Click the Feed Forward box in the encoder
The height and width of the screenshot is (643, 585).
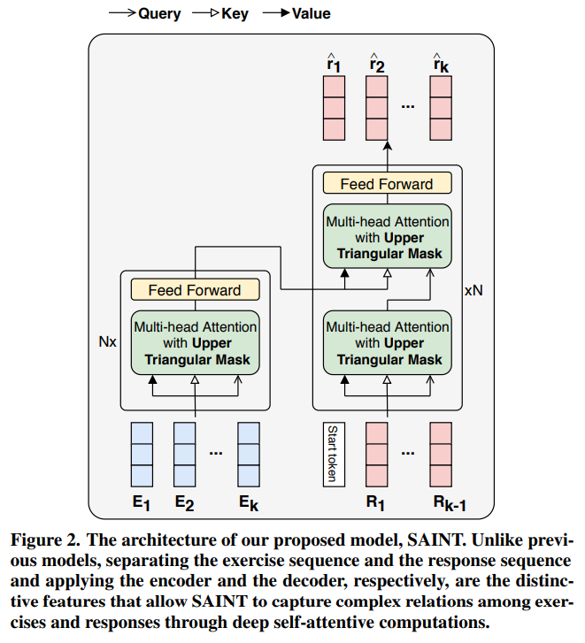(194, 290)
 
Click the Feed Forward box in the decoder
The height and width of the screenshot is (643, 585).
(387, 184)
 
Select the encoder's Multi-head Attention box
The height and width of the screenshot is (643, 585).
(194, 343)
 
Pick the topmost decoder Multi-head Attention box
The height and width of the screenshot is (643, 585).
(387, 238)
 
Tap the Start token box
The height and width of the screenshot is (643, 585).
(332, 455)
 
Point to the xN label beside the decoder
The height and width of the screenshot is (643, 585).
(473, 289)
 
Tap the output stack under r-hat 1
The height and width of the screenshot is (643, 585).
(334, 107)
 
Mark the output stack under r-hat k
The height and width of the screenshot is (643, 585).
(442, 107)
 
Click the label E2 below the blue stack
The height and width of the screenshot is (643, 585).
(184, 504)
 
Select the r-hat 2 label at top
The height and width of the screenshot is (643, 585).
(377, 61)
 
